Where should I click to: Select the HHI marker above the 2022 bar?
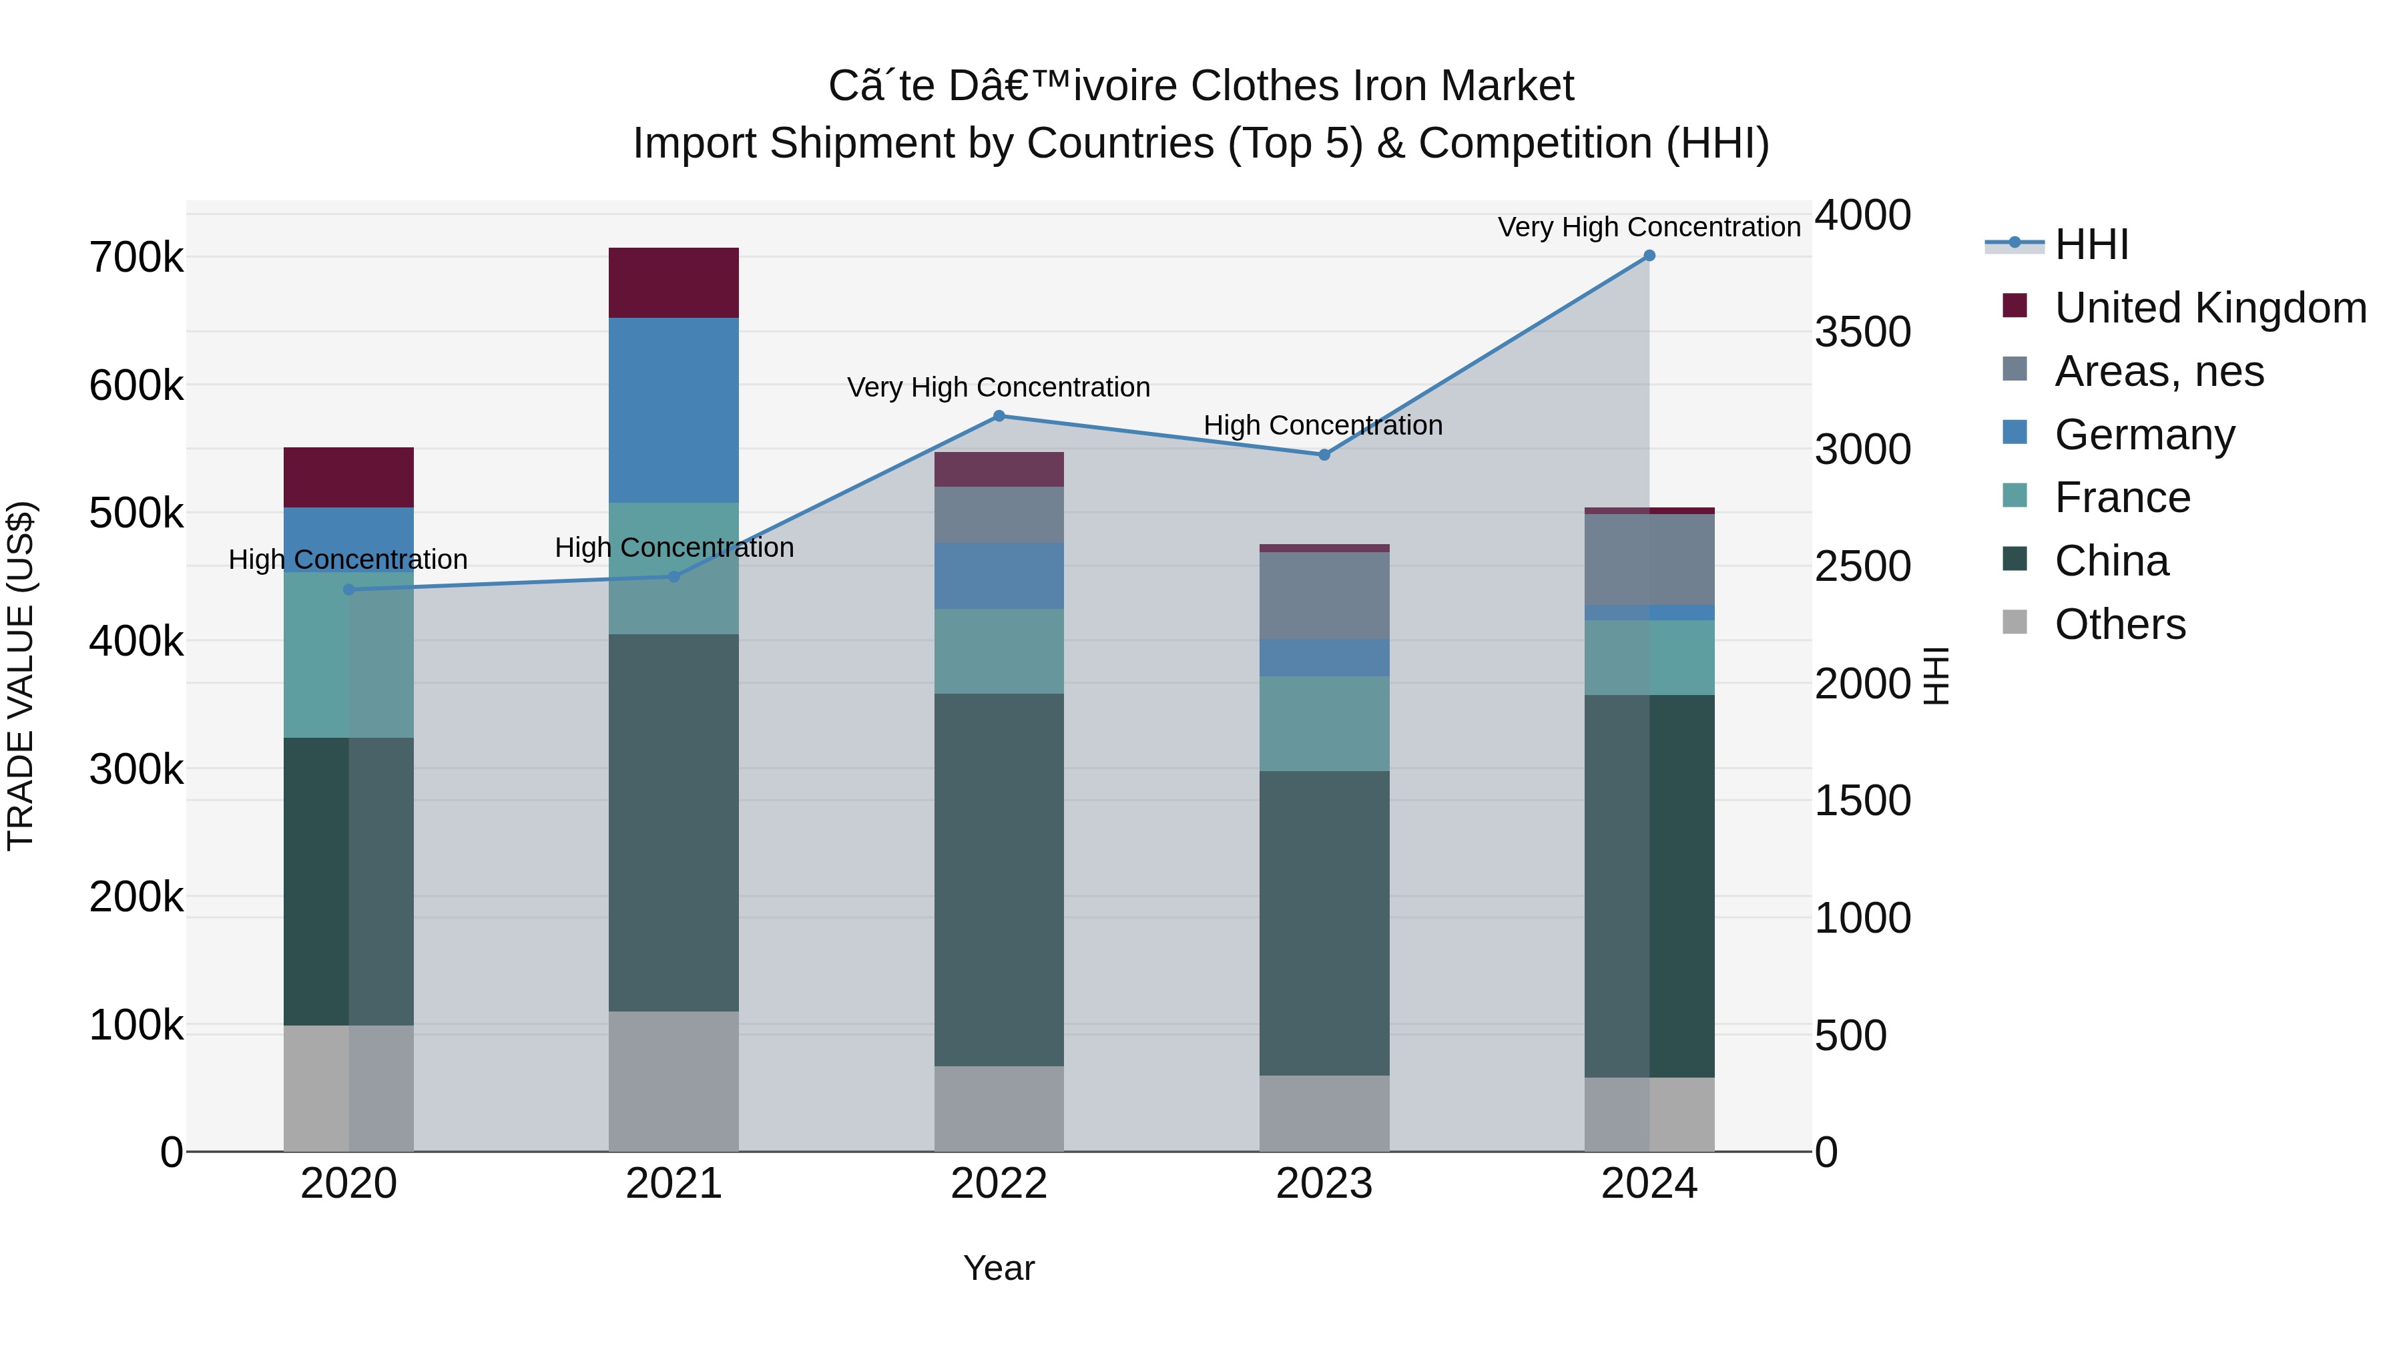(x=998, y=416)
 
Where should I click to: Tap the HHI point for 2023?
(x=1324, y=455)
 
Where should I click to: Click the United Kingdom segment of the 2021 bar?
(x=674, y=282)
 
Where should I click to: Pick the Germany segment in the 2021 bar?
(x=674, y=411)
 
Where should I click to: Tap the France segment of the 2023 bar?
(x=1324, y=724)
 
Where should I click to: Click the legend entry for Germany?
(x=2143, y=435)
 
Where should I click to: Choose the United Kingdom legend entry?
(x=2209, y=308)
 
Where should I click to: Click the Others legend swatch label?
(x=2119, y=624)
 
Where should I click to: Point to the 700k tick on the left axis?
(x=136, y=258)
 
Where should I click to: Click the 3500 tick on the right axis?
(x=1862, y=332)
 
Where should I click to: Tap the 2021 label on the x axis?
(x=674, y=1184)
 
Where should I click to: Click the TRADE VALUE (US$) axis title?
(x=21, y=676)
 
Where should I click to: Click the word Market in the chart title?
(x=1507, y=87)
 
